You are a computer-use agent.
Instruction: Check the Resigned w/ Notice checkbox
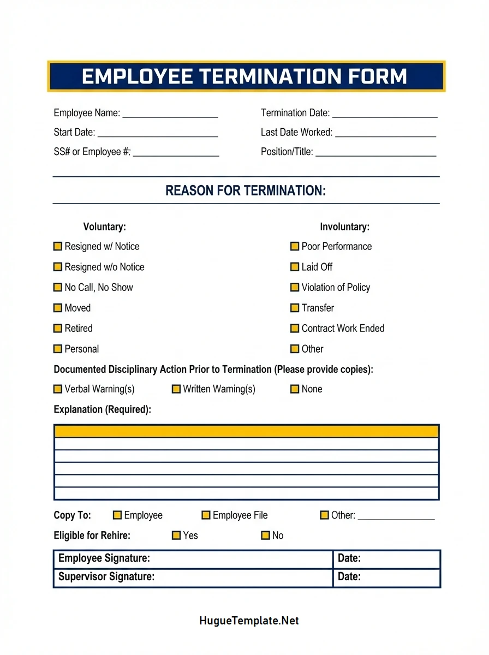pos(58,247)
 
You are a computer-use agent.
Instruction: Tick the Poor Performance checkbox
pos(295,247)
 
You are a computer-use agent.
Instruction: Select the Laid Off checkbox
pos(295,267)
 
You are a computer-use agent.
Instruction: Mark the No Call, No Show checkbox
pos(58,287)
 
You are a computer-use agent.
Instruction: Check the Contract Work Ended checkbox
pos(295,329)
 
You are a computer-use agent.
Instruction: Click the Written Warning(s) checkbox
pos(176,389)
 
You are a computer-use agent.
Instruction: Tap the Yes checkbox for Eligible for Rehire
pos(176,535)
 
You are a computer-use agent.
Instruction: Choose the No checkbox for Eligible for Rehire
pos(266,535)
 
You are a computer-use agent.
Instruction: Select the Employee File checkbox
pos(206,515)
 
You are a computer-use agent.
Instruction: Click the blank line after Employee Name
pos(170,114)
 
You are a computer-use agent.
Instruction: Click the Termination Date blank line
pos(384,114)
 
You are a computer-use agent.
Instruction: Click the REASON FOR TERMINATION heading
pos(246,190)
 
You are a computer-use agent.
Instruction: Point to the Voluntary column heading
pos(104,227)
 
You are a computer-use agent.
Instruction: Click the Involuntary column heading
pos(344,227)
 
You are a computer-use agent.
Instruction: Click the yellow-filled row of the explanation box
pos(246,431)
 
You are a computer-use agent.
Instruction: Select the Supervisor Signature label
pos(106,576)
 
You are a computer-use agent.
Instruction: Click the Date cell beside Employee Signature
pos(386,558)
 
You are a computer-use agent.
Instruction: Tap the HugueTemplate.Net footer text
pos(249,621)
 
